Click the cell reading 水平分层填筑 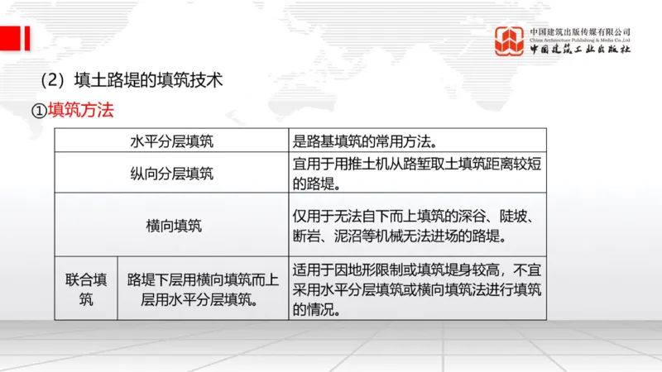pos(171,141)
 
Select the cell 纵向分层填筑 pos(171,173)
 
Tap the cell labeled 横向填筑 pos(171,226)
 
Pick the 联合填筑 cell pos(86,289)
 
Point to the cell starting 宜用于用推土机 pos(417,173)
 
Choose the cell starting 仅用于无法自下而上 pos(417,226)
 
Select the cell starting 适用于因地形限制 pos(417,289)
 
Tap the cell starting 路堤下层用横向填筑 pos(203,289)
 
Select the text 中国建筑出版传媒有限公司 pos(580,31)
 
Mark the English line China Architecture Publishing pos(580,39)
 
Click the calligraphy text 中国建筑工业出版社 pos(580,50)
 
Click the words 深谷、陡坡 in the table pos(508,217)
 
